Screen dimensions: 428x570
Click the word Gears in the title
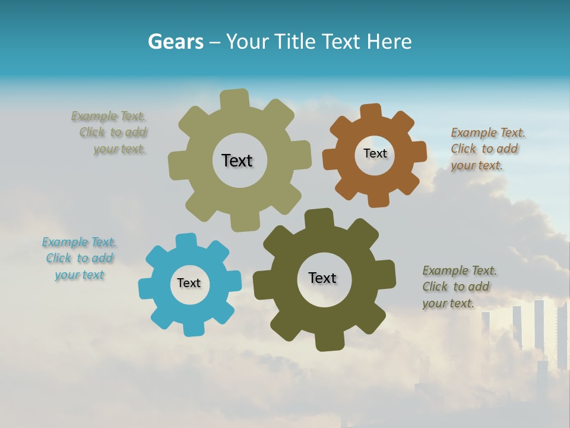point(175,42)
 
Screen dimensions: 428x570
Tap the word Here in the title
point(389,42)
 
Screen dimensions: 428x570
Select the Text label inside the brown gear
point(375,153)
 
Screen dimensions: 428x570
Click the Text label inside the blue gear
point(189,283)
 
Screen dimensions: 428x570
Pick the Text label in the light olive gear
point(237,160)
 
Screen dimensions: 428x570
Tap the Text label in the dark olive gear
point(322,278)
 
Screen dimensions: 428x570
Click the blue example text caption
point(79,259)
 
